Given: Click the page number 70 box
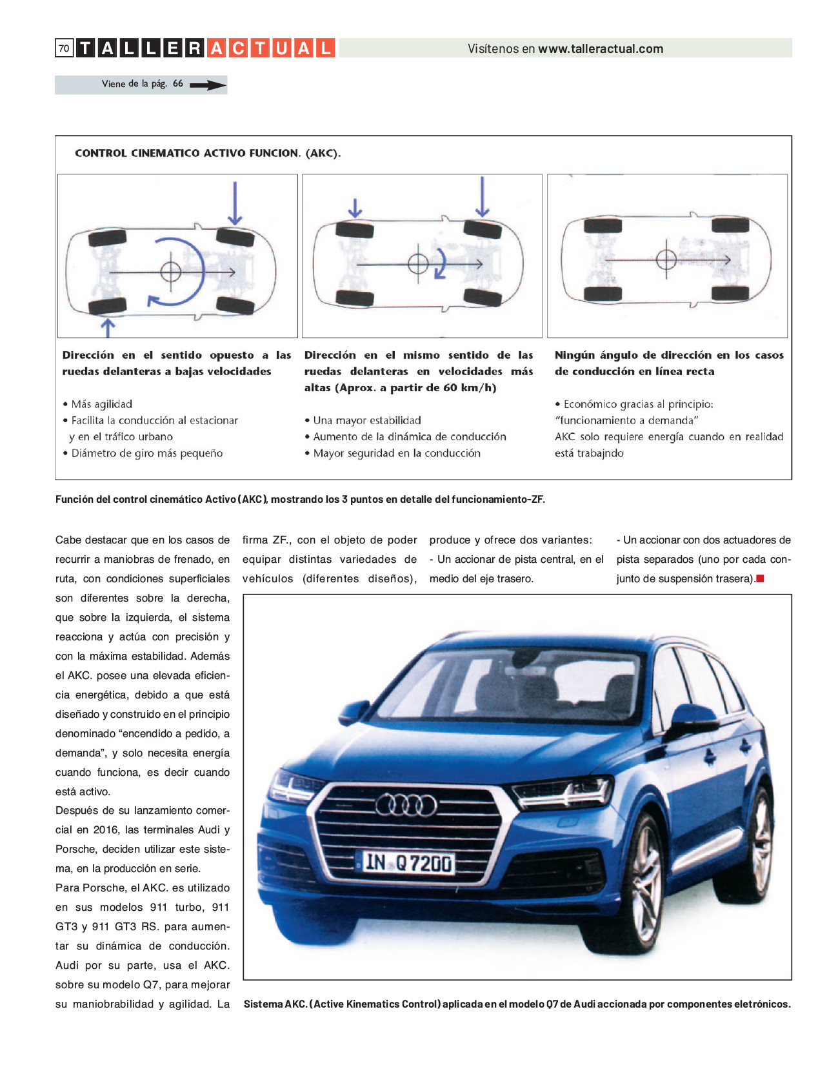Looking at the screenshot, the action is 65,48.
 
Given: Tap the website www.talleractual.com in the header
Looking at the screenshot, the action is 601,48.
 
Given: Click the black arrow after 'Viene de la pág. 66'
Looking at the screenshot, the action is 208,85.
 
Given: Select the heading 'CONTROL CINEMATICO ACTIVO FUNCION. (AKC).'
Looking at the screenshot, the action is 208,153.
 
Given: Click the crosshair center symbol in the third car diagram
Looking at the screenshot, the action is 666,259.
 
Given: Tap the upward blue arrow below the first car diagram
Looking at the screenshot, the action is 108,328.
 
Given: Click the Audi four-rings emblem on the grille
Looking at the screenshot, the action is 406,806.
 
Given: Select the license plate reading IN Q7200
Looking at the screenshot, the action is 406,862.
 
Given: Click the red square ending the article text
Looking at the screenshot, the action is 760,578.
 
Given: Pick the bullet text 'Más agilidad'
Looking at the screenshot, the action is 101,404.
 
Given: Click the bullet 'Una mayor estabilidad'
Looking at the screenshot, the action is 367,420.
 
